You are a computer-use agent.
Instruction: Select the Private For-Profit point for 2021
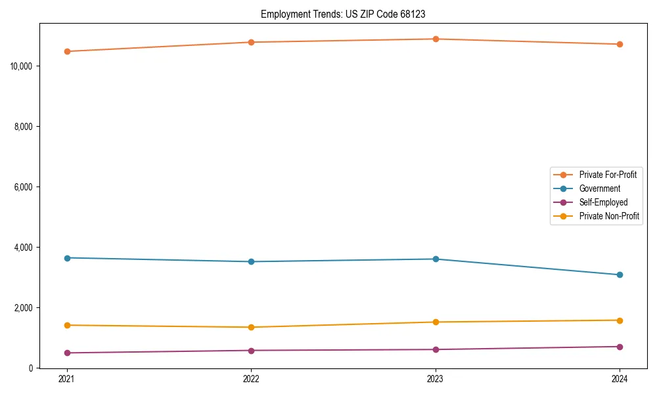point(66,51)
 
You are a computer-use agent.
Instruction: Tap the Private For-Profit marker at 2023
point(435,39)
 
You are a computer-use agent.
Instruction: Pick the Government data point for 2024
point(620,274)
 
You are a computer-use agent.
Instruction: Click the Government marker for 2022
point(251,261)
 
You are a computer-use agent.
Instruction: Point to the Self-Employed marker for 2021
point(66,353)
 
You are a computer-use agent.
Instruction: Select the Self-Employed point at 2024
point(620,347)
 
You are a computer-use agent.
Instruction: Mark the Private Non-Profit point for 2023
point(435,322)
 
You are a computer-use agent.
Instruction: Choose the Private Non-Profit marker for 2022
point(251,327)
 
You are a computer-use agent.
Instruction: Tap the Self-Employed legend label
point(603,202)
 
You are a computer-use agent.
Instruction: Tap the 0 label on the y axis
point(31,368)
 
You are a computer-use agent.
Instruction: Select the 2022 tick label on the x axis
point(251,379)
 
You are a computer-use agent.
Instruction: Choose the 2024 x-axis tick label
point(620,379)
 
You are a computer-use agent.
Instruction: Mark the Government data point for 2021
point(66,258)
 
